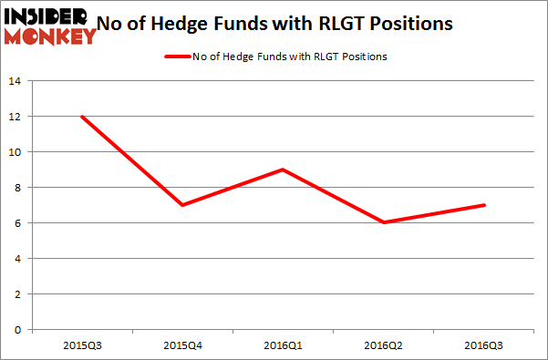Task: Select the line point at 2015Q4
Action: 182,205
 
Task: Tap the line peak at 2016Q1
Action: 284,170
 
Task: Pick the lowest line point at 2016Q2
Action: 384,222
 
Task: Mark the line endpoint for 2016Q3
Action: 484,205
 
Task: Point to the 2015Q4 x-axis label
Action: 182,345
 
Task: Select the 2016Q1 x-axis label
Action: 284,345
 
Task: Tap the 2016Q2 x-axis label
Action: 384,345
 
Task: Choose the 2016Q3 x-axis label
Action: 484,345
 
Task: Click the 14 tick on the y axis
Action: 16,81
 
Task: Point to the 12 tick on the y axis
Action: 16,117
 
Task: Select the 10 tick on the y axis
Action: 16,152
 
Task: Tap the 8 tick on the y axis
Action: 18,188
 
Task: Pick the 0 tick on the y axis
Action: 18,330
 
